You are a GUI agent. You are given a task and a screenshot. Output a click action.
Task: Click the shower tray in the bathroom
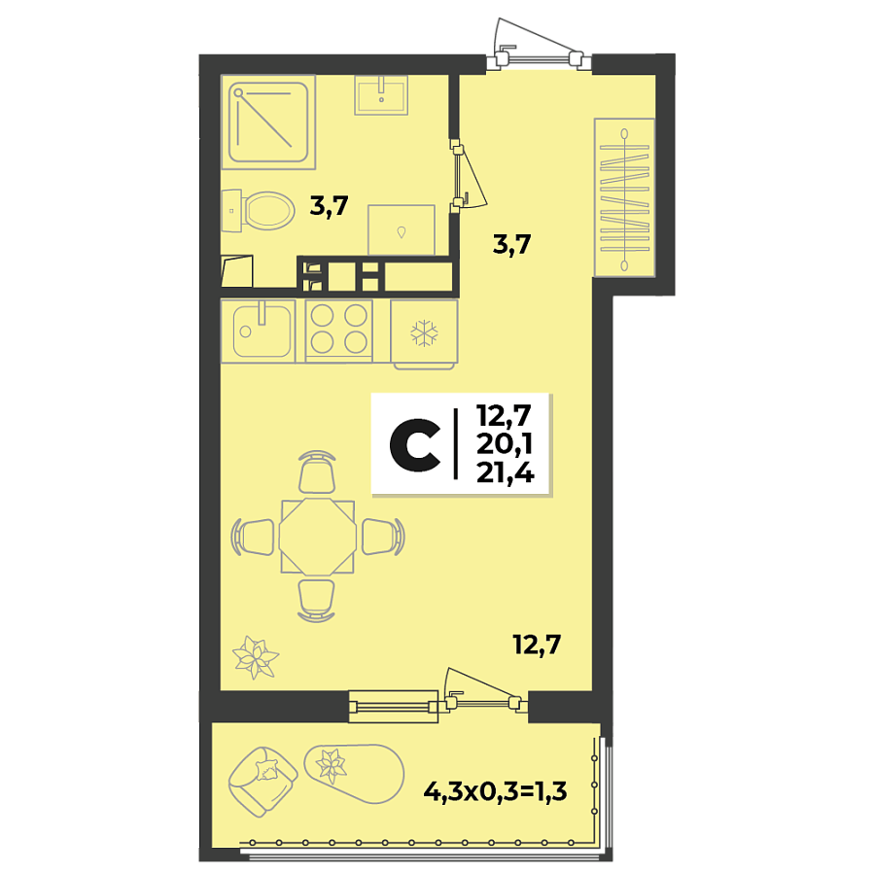pos(271,121)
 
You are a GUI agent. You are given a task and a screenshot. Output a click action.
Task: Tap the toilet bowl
pos(266,209)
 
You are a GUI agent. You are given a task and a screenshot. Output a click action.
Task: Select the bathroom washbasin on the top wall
pos(381,95)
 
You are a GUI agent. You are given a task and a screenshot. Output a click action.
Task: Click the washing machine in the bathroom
pos(401,229)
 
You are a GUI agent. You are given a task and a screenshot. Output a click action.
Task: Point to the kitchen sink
pos(257,331)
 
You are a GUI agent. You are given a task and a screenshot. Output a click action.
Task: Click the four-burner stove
pos(339,330)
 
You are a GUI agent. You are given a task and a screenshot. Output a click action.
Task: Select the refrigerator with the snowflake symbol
pos(424,333)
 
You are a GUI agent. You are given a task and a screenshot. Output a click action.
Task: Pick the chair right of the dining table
pos(382,536)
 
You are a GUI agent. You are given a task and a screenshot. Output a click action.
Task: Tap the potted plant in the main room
pos(257,658)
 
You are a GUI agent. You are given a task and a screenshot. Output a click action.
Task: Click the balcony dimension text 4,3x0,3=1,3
pos(495,790)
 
